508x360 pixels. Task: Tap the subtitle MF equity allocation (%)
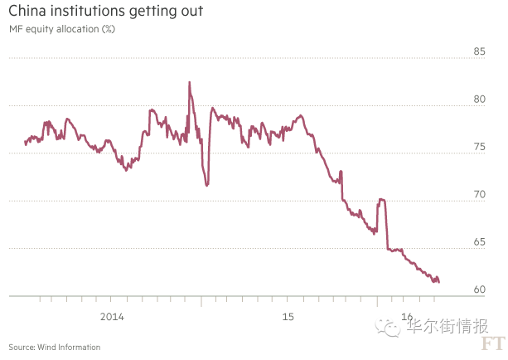tap(62, 30)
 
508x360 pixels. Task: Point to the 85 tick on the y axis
tap(478, 51)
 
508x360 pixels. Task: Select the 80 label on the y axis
tap(478, 100)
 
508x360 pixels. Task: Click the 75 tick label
tap(478, 147)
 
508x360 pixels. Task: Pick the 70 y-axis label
tap(478, 194)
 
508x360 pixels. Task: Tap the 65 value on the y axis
tap(478, 242)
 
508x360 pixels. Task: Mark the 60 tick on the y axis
tap(478, 289)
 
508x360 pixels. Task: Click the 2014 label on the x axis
tap(111, 317)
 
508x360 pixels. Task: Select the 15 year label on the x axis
tap(288, 317)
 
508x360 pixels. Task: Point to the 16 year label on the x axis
tap(406, 317)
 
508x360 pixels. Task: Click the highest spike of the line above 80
tap(189, 82)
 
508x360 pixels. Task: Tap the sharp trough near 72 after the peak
tap(206, 184)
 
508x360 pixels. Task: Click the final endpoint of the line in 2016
tap(438, 282)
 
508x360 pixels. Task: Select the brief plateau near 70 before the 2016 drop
tap(381, 199)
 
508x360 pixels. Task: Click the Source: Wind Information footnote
tap(55, 347)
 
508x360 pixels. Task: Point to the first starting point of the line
tap(25, 144)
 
